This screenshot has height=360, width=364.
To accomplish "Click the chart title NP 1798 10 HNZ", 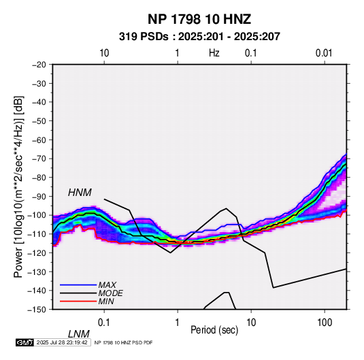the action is point(199,19).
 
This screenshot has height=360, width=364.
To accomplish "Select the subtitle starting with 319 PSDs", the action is point(199,37).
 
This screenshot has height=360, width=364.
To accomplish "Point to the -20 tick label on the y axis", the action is point(39,65).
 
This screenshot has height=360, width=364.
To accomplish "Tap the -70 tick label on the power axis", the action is point(39,159).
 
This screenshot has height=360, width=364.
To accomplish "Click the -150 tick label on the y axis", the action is point(37,310).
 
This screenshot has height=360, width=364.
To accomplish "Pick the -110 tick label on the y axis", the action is point(37,234).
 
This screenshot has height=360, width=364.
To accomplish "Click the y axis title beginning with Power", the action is point(18,186).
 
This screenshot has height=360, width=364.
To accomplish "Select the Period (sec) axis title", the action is point(214,330).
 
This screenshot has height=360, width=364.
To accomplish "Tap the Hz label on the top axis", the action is point(214,53).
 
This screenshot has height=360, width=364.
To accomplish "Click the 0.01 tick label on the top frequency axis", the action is point(324,53).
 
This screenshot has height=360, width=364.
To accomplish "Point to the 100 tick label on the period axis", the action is point(325,323).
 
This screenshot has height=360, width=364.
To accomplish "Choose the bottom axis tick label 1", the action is point(177,323).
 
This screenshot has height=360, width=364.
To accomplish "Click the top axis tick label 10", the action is point(104,53).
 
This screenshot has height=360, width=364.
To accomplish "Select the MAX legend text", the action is point(107,284).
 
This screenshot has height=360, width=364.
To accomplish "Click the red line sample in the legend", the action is point(78,301).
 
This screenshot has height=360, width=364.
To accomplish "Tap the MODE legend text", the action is point(110,293).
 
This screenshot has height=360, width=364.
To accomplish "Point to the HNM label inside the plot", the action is point(80,193).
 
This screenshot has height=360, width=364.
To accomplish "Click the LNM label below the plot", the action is point(78,334).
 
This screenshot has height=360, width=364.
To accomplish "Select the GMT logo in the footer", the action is point(25,342).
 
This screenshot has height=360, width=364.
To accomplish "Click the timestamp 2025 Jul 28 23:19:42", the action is point(62,342).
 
